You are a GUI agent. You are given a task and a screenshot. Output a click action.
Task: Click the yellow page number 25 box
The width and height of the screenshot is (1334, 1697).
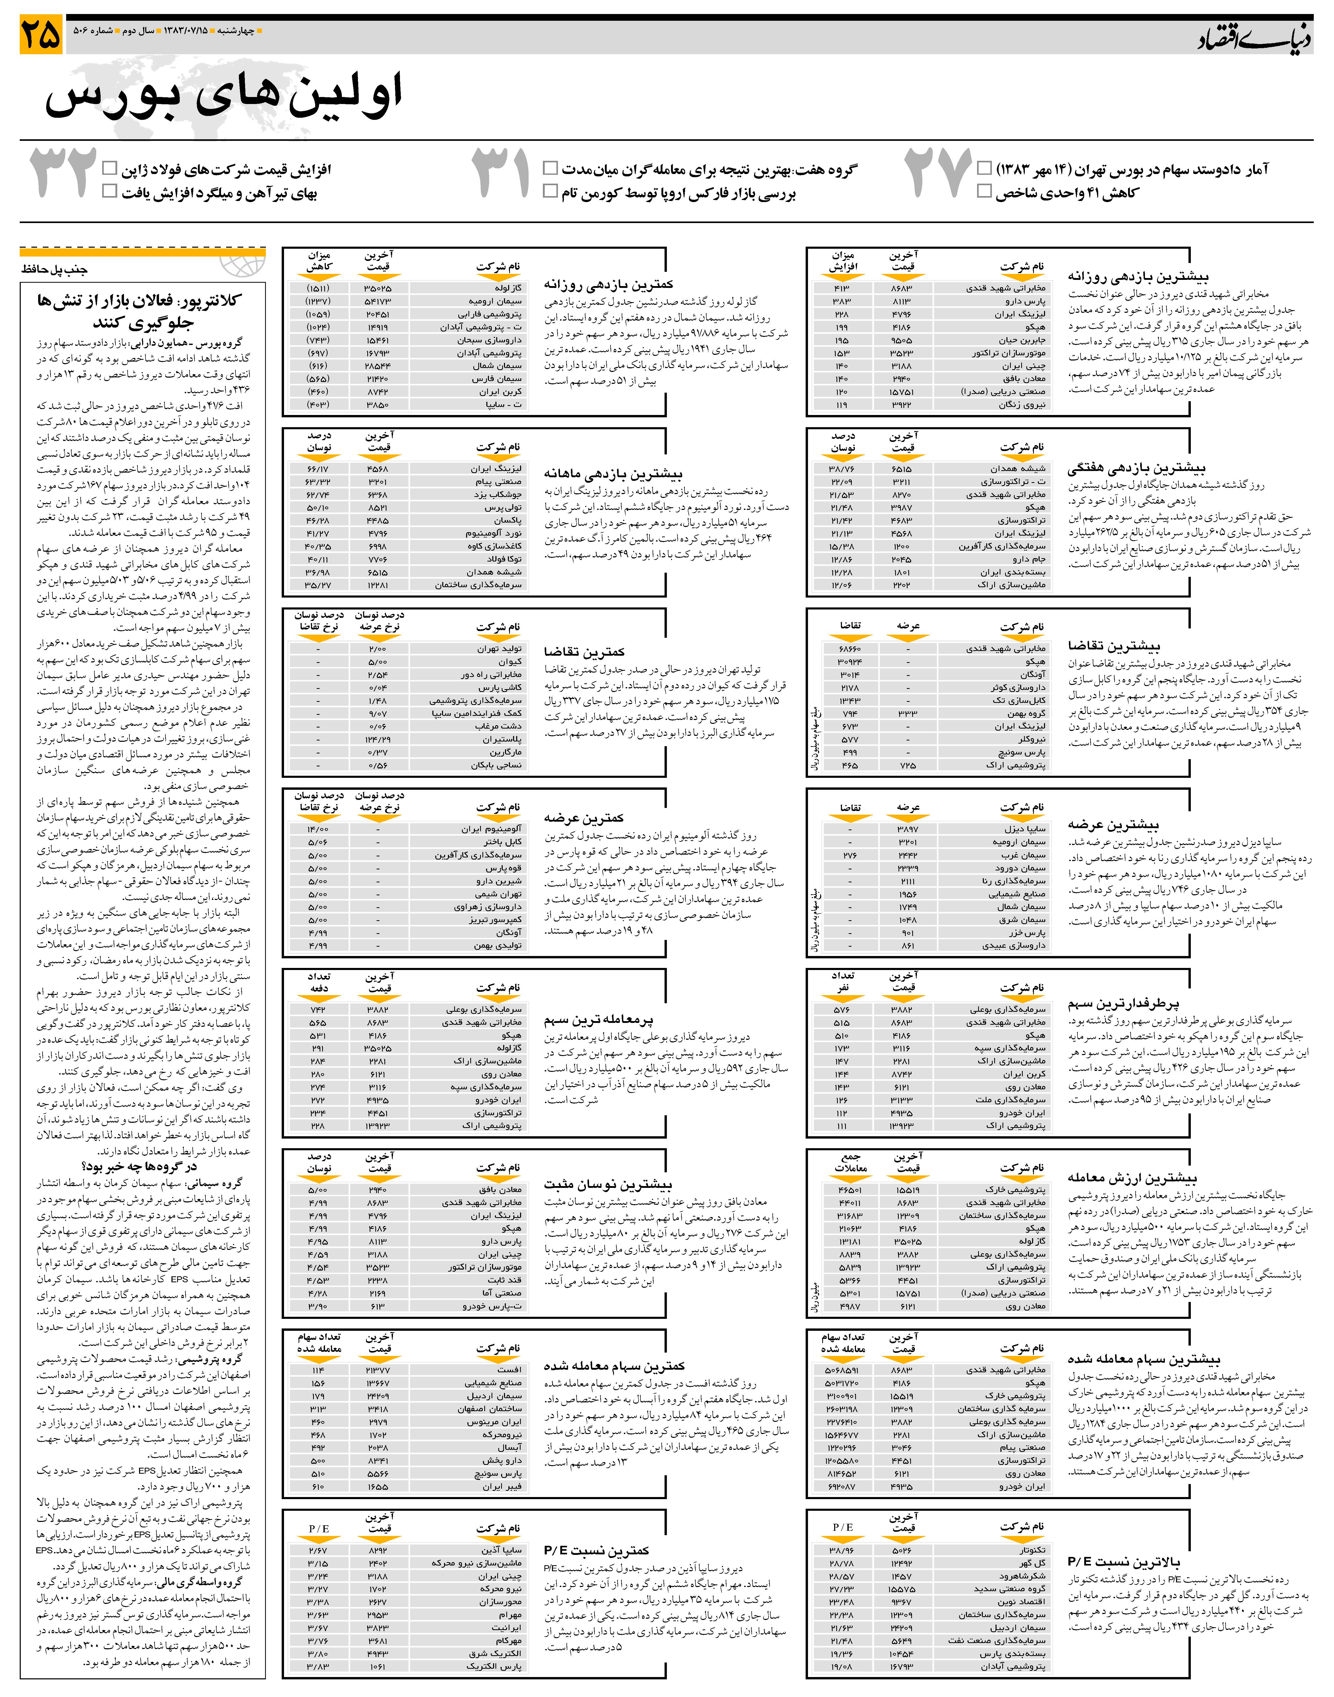41,35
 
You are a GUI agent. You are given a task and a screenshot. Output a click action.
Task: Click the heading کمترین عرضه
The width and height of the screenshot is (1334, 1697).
584,819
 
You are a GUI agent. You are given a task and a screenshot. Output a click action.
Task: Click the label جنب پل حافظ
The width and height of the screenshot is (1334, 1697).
55,269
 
